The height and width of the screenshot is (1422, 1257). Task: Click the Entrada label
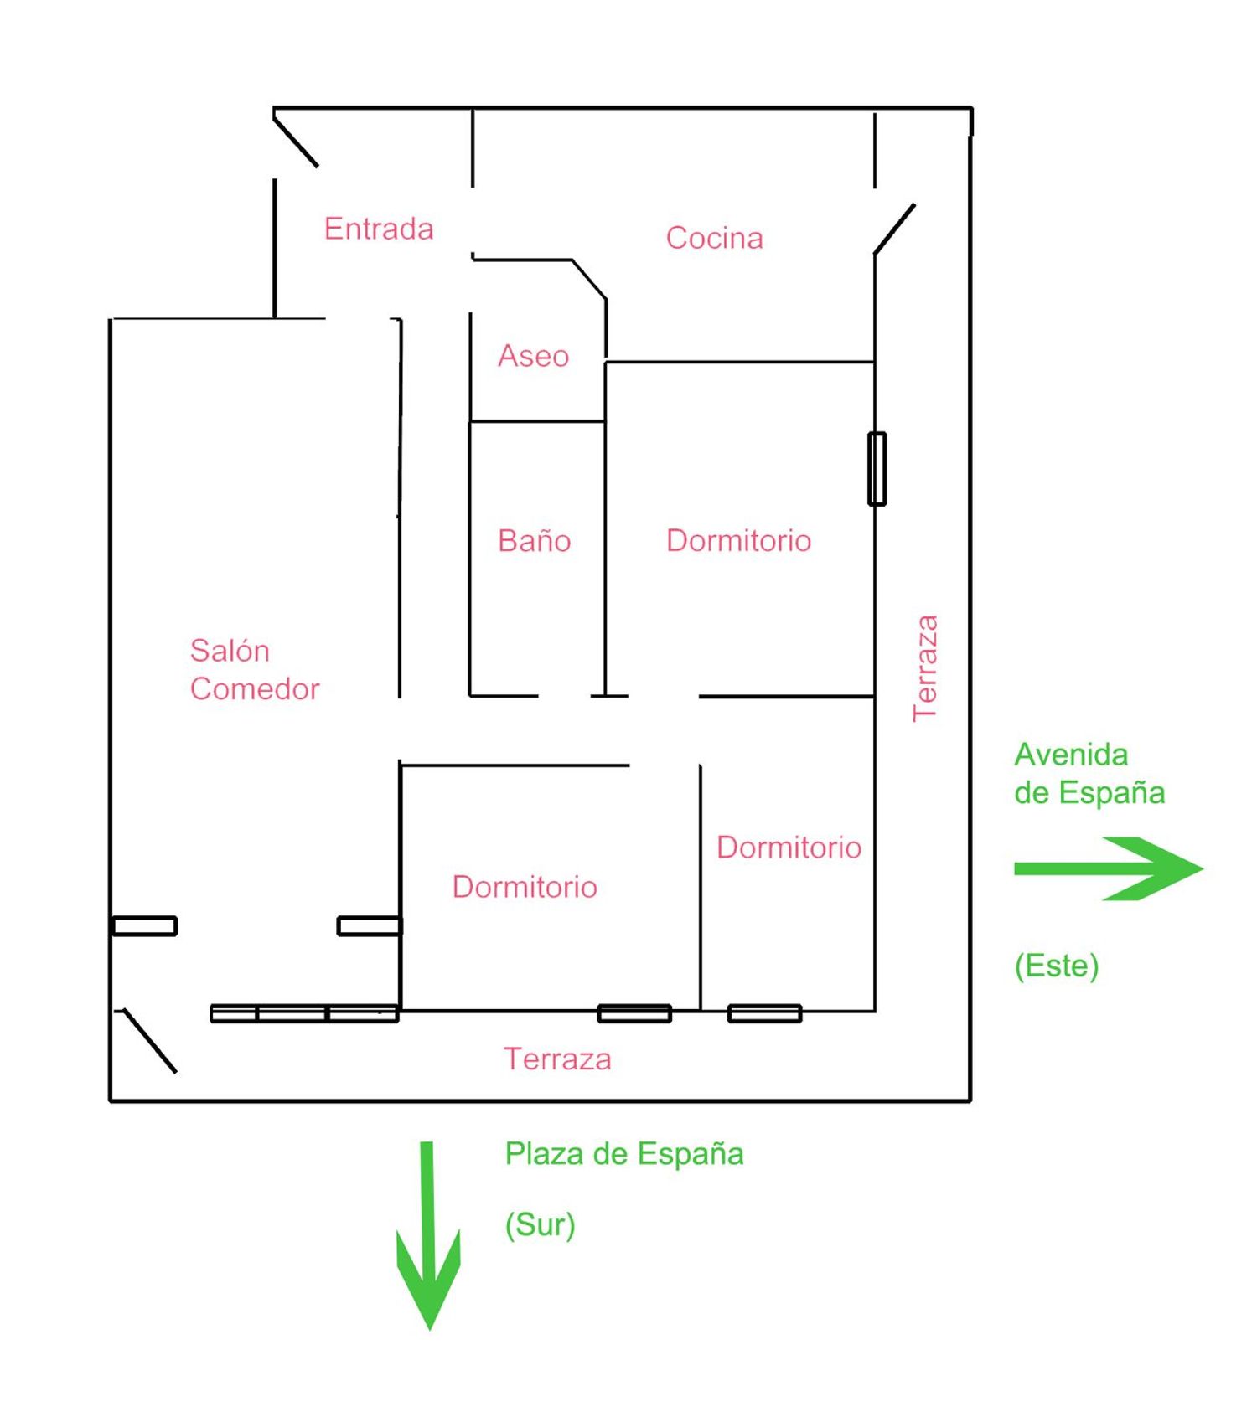click(x=379, y=229)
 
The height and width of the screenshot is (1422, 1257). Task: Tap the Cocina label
click(x=714, y=238)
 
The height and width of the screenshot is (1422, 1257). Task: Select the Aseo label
click(x=533, y=356)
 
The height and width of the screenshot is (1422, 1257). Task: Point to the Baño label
click(x=534, y=540)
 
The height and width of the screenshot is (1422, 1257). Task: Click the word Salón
click(x=230, y=650)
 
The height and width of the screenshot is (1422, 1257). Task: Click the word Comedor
click(x=255, y=688)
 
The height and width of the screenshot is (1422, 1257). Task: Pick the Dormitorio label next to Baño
click(x=738, y=540)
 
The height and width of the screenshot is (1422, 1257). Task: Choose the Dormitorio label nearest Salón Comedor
click(x=525, y=887)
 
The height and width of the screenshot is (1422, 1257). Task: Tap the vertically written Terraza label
click(x=925, y=667)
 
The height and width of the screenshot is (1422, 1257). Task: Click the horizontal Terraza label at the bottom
click(x=557, y=1059)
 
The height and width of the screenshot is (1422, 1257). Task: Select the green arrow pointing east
click(x=1108, y=868)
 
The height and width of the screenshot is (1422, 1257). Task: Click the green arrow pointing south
click(x=428, y=1235)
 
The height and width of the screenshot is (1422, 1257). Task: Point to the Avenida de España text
click(x=1089, y=774)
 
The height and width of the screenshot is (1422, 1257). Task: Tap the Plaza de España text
click(x=624, y=1154)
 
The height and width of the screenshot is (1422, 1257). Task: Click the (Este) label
click(x=1057, y=966)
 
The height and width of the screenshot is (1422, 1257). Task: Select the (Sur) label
click(x=540, y=1224)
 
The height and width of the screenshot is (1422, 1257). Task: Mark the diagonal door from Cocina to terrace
click(x=894, y=229)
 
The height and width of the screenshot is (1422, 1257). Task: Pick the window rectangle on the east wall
click(x=877, y=469)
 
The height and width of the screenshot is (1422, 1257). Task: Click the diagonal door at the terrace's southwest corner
click(x=150, y=1041)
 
